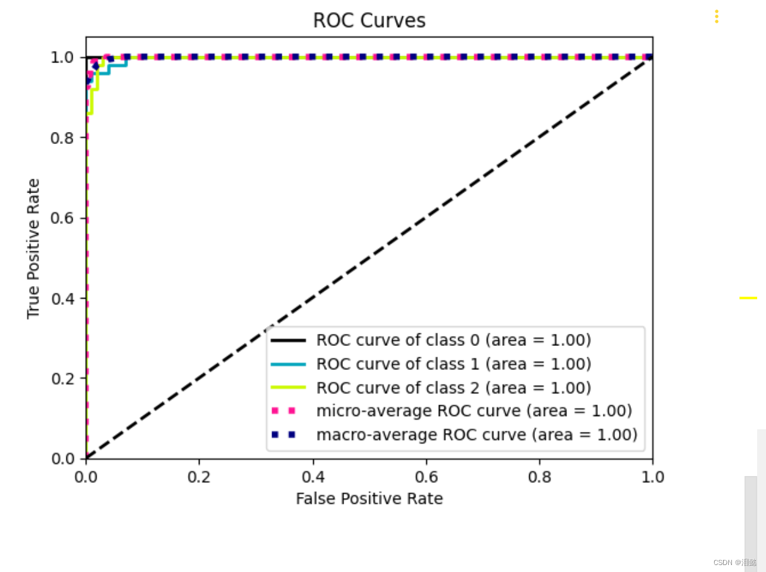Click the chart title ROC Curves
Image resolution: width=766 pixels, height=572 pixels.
pyautogui.click(x=369, y=21)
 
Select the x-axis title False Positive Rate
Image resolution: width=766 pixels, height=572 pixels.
pyautogui.click(x=369, y=499)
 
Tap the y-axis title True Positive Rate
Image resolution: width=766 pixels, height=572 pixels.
pyautogui.click(x=33, y=248)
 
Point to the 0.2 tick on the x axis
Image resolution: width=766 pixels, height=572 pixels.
pyautogui.click(x=199, y=477)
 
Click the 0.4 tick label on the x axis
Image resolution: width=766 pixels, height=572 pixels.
pyautogui.click(x=313, y=477)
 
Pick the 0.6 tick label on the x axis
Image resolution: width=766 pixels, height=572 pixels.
pyautogui.click(x=426, y=477)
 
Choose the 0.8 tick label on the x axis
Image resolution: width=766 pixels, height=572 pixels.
pyautogui.click(x=539, y=477)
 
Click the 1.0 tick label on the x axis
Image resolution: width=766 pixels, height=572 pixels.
pyautogui.click(x=652, y=477)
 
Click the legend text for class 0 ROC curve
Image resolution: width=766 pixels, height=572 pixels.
pyautogui.click(x=453, y=340)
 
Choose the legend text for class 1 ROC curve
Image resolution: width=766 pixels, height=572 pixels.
pyautogui.click(x=453, y=364)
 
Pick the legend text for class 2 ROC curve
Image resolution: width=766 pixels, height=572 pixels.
pyautogui.click(x=453, y=388)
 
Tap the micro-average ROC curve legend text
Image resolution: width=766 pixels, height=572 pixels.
pyautogui.click(x=474, y=411)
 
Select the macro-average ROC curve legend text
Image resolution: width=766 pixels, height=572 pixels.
pyautogui.click(x=476, y=435)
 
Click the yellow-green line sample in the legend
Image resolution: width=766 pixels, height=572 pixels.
pyautogui.click(x=288, y=388)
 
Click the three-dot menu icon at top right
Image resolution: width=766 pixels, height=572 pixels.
pyautogui.click(x=716, y=16)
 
